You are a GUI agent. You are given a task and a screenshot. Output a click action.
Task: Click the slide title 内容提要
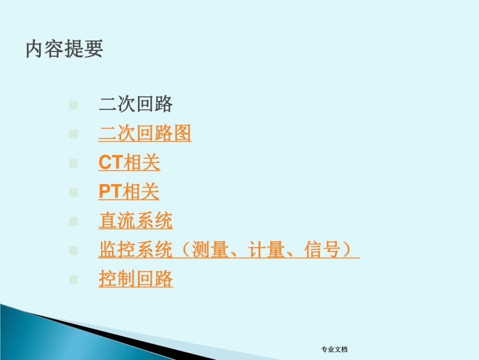[65, 49]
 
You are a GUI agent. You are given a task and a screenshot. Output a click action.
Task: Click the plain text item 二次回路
[136, 104]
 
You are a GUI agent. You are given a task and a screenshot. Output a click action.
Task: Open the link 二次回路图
[145, 134]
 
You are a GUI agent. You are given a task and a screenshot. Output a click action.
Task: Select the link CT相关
[129, 163]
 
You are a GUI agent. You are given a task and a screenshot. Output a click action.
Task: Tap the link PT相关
[129, 192]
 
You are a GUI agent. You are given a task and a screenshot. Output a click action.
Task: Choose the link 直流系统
[136, 221]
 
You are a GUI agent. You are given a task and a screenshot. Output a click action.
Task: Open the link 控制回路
[136, 279]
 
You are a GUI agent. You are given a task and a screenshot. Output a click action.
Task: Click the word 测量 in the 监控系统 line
[210, 250]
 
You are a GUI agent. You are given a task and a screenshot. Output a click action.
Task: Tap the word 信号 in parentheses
[323, 250]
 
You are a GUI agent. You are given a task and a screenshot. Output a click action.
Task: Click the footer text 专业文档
[334, 349]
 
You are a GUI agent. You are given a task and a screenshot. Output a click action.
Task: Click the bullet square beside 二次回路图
[74, 134]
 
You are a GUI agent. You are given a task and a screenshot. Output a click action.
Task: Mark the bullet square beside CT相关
[74, 163]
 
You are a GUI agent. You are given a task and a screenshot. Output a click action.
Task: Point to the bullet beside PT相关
[74, 192]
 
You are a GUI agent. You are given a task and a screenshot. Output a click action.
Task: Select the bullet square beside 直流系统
[74, 221]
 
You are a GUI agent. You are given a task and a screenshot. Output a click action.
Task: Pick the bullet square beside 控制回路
[74, 279]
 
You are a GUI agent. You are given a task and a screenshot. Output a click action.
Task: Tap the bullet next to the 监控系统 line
[74, 250]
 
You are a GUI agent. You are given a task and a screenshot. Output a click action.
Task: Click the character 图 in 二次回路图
[182, 134]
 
